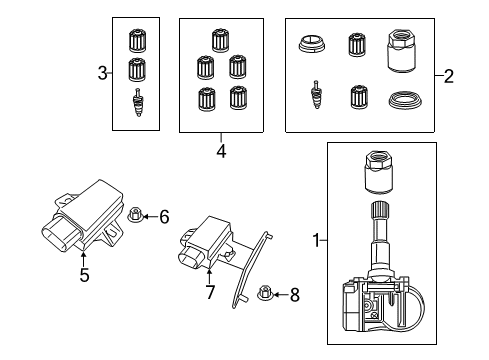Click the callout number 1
[x=316, y=240]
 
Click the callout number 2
[x=449, y=76]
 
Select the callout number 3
[x=102, y=72]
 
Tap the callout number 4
[x=220, y=153]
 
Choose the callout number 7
[x=211, y=291]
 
